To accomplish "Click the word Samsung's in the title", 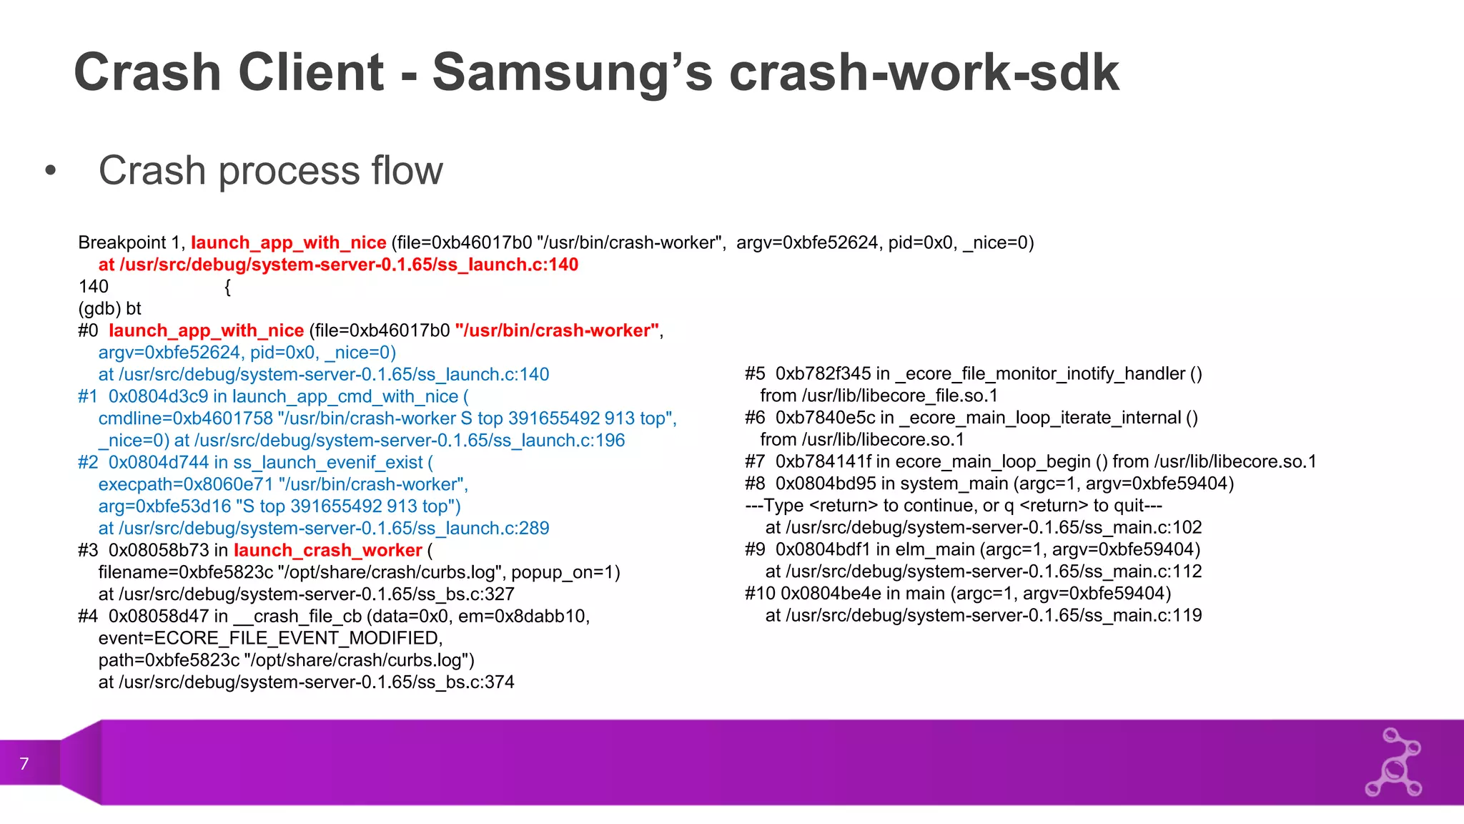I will tap(573, 73).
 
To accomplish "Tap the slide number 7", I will tap(24, 764).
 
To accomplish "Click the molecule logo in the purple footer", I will tap(1393, 762).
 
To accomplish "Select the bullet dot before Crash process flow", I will tap(50, 171).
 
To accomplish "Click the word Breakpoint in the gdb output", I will tap(122, 243).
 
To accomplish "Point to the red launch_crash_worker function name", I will tap(328, 551).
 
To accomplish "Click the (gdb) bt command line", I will tap(110, 309).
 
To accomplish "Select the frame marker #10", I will tap(760, 594).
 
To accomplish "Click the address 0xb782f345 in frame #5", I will tap(823, 374).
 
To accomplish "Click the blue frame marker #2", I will tap(88, 463).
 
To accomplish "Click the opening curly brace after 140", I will tap(227, 288).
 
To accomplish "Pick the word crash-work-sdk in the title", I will tap(924, 73).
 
